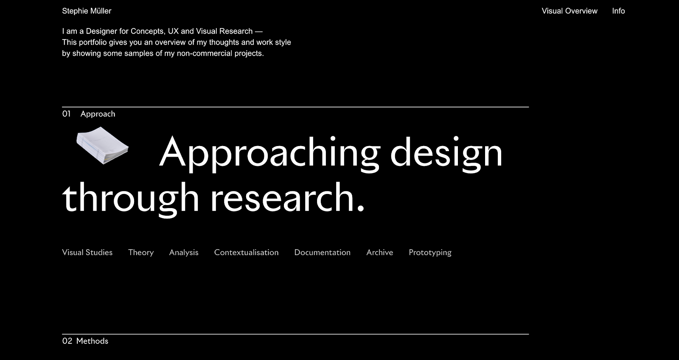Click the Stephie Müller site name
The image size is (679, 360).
(87, 11)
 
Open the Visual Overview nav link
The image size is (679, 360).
(570, 11)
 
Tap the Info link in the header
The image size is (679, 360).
(618, 11)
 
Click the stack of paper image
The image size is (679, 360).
(102, 146)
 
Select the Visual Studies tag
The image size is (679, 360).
(87, 252)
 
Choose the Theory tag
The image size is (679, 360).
(141, 253)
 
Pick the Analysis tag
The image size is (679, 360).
(184, 253)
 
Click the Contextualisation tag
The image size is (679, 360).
(247, 252)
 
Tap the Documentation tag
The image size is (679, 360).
(322, 252)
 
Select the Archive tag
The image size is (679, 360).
(379, 252)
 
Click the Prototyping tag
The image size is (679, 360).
(430, 253)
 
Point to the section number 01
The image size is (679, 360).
(66, 114)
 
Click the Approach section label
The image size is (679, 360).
(98, 114)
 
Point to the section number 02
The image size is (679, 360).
(67, 341)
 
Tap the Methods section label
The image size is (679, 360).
(92, 341)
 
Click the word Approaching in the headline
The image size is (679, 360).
(269, 154)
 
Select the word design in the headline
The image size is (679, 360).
(446, 154)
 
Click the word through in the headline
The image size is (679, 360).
(131, 199)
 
